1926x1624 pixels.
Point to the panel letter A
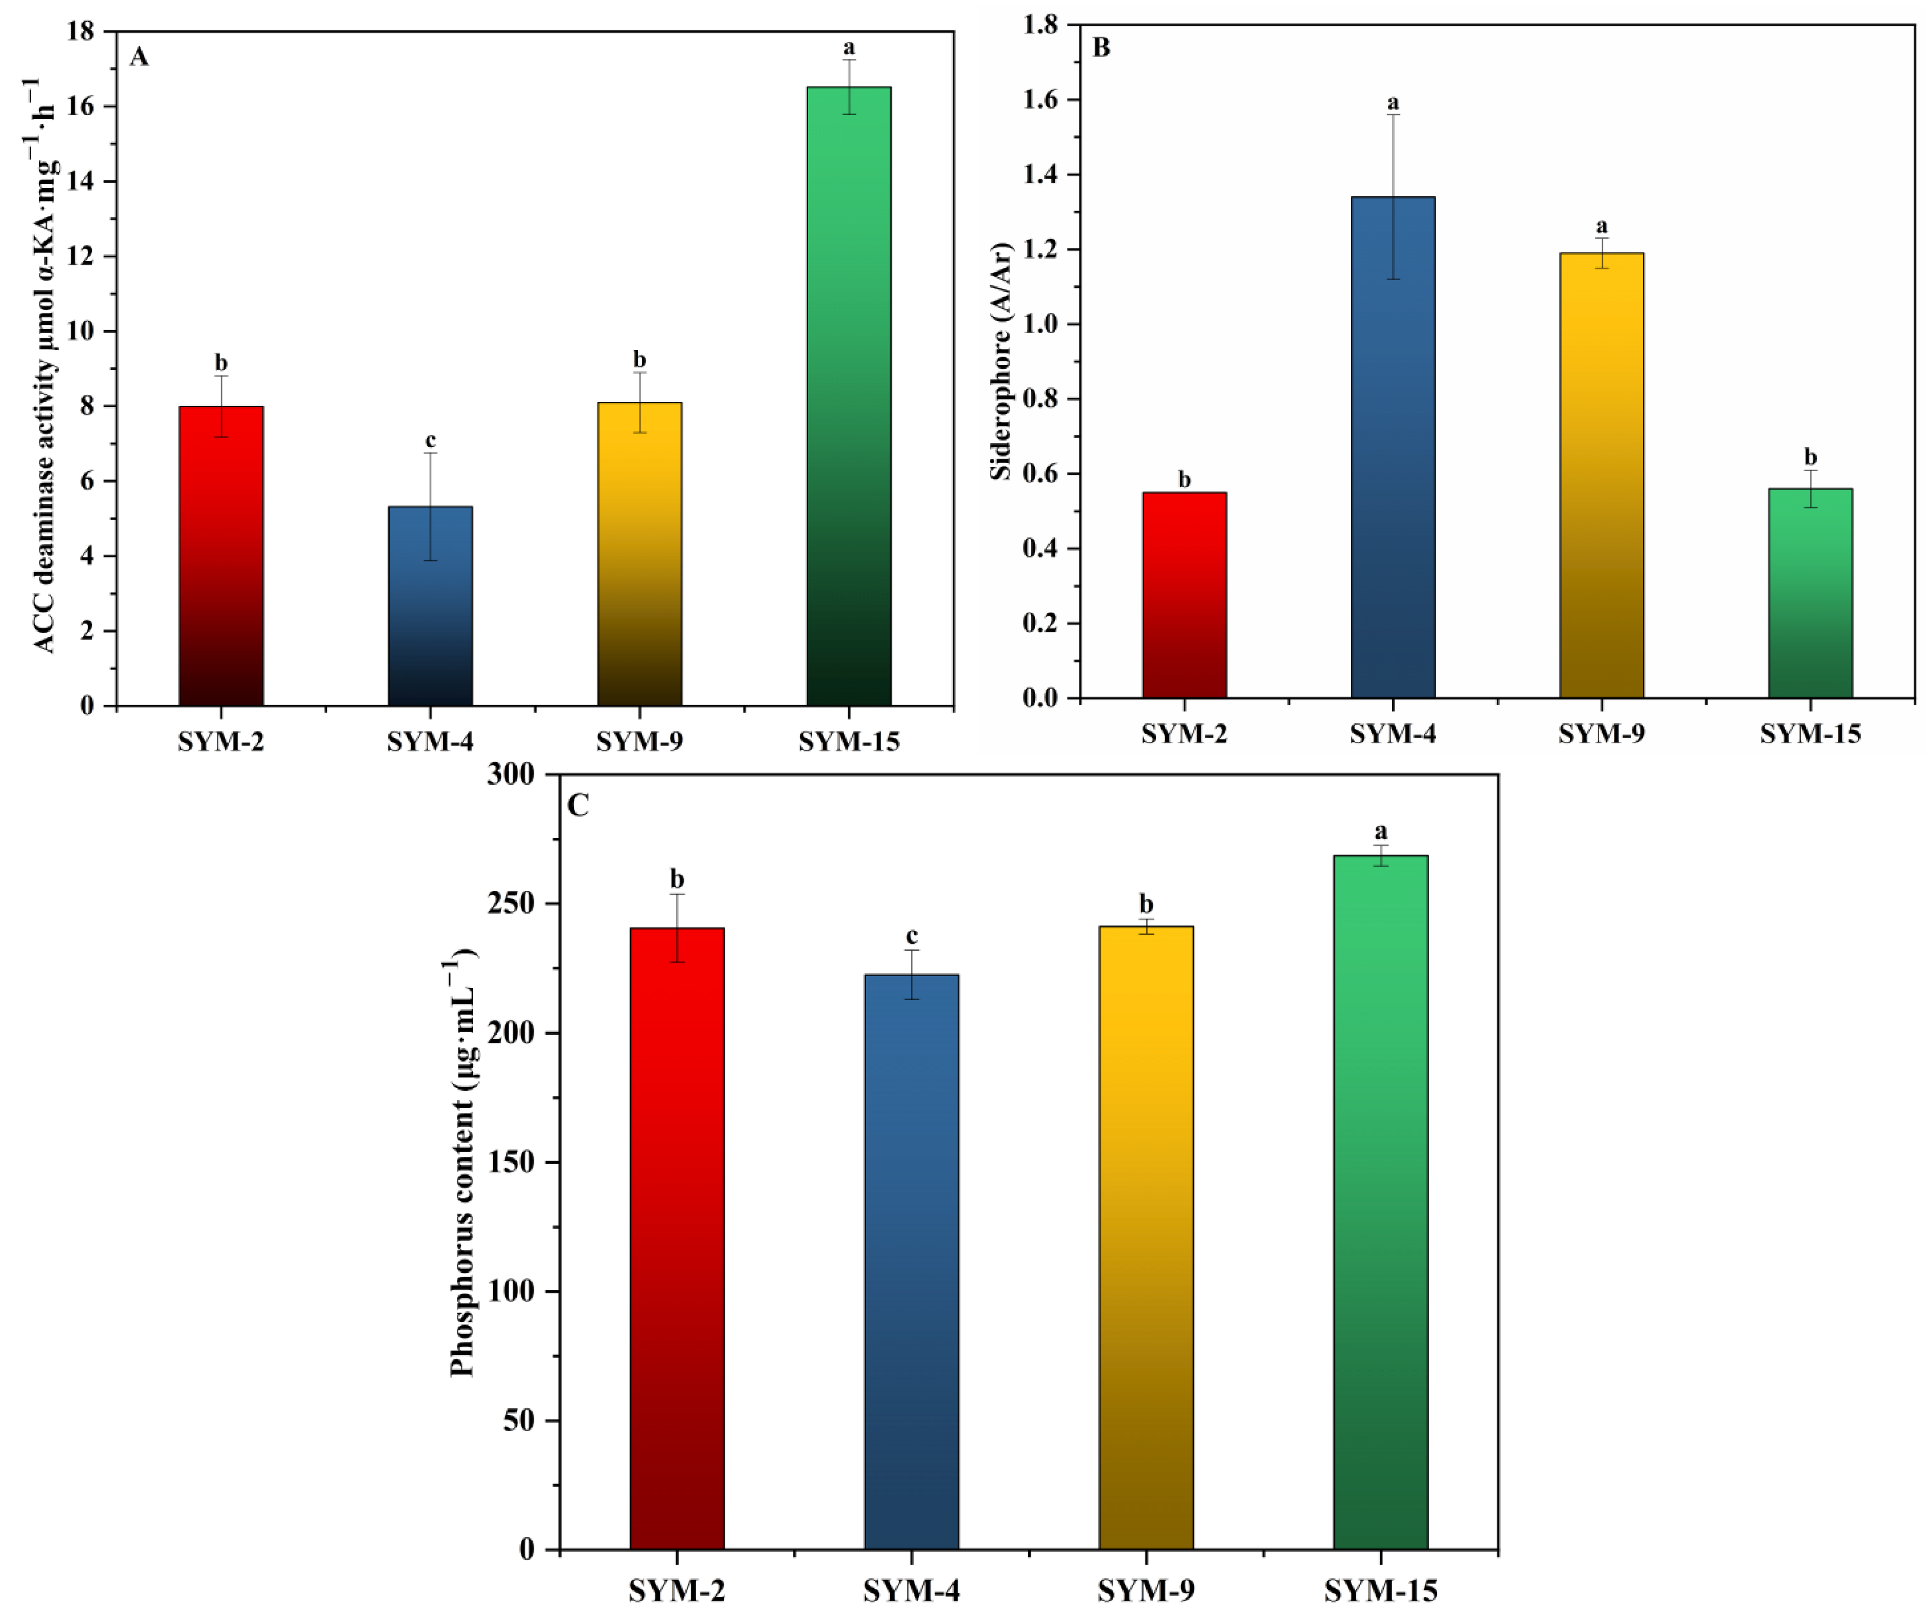[x=139, y=57]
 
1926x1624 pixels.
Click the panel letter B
[x=1101, y=47]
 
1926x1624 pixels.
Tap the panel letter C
[x=578, y=806]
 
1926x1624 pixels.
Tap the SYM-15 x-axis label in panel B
[x=1810, y=734]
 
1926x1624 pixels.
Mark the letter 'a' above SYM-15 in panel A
[x=849, y=47]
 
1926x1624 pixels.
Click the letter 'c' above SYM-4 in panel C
[x=911, y=936]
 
